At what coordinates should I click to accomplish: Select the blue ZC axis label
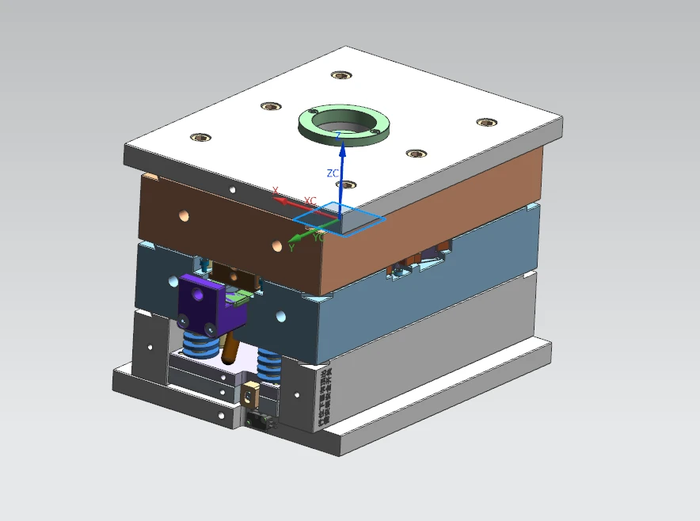[x=333, y=173]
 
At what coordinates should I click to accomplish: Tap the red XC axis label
[x=310, y=201]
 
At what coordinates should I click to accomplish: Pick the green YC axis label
[x=318, y=237]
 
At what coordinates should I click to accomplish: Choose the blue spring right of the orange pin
[x=268, y=364]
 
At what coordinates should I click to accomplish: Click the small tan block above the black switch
[x=253, y=393]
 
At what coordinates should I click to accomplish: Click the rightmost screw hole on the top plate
[x=485, y=122]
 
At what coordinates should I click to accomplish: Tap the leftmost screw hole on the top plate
[x=200, y=137]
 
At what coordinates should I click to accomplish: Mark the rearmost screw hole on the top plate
[x=340, y=76]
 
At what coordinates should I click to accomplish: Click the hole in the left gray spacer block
[x=150, y=346]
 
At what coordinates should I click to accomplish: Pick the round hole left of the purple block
[x=173, y=280]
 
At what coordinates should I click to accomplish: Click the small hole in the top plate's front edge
[x=232, y=190]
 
